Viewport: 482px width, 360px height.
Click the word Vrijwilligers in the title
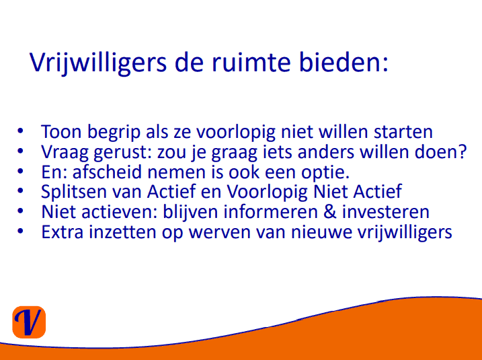[98, 63]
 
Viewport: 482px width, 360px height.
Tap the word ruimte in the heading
[251, 62]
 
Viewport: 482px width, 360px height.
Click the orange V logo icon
[29, 322]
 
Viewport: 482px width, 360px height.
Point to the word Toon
[61, 132]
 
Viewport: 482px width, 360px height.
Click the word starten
[403, 132]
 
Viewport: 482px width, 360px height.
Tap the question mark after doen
[463, 151]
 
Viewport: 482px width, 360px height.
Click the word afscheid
[108, 172]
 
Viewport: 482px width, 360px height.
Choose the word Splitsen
[74, 192]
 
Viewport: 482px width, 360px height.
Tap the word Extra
[63, 232]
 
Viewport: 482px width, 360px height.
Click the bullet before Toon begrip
[20, 131]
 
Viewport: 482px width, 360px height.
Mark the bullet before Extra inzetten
[20, 231]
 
